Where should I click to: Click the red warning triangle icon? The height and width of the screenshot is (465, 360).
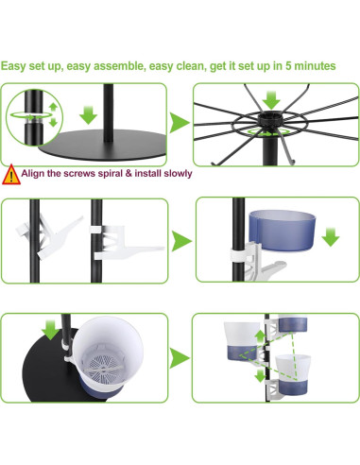11,174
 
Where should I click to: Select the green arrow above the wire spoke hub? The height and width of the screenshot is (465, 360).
272,99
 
